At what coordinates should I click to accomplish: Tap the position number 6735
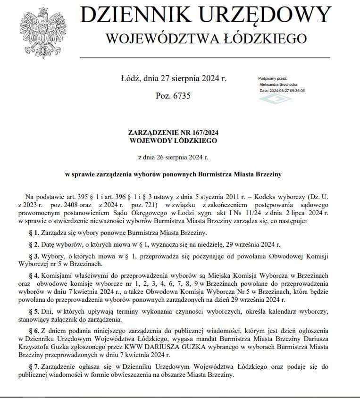(x=180, y=95)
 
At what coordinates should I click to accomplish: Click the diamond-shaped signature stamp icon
(x=276, y=99)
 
